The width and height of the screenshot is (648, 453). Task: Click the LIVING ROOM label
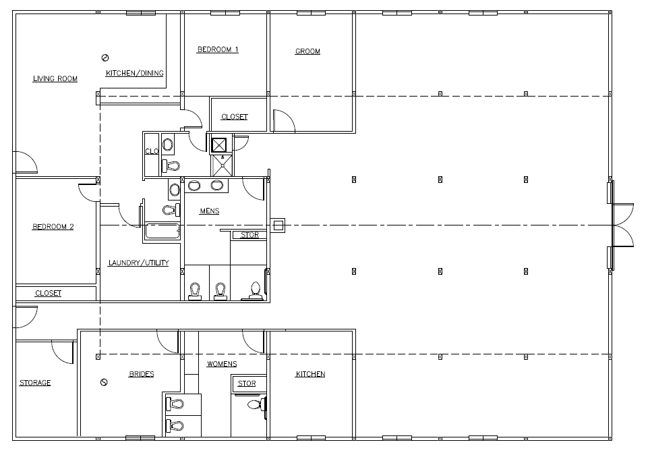(x=55, y=78)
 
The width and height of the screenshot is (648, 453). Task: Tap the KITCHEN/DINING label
(x=135, y=73)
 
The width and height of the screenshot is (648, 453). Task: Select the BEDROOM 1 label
(x=218, y=50)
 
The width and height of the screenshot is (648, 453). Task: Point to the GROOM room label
(x=307, y=51)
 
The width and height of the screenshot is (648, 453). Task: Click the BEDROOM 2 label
(x=53, y=227)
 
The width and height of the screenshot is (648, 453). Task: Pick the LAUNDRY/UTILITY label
(x=138, y=263)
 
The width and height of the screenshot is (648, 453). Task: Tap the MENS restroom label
(x=210, y=211)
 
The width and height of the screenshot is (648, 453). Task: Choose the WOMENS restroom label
(x=222, y=364)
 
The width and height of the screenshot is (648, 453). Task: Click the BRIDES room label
(x=142, y=374)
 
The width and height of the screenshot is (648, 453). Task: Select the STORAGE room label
(x=35, y=383)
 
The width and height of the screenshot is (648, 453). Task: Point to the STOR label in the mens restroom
(x=249, y=235)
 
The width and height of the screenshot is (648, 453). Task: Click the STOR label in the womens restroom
(x=247, y=383)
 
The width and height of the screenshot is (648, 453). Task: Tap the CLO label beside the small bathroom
(x=152, y=151)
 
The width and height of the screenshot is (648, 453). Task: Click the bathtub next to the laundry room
(x=163, y=232)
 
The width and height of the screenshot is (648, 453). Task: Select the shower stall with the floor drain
(x=223, y=165)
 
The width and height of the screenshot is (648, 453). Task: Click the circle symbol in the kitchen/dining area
(x=105, y=58)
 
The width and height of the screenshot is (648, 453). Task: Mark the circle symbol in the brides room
(x=104, y=382)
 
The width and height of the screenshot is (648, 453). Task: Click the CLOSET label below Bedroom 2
(x=49, y=293)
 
